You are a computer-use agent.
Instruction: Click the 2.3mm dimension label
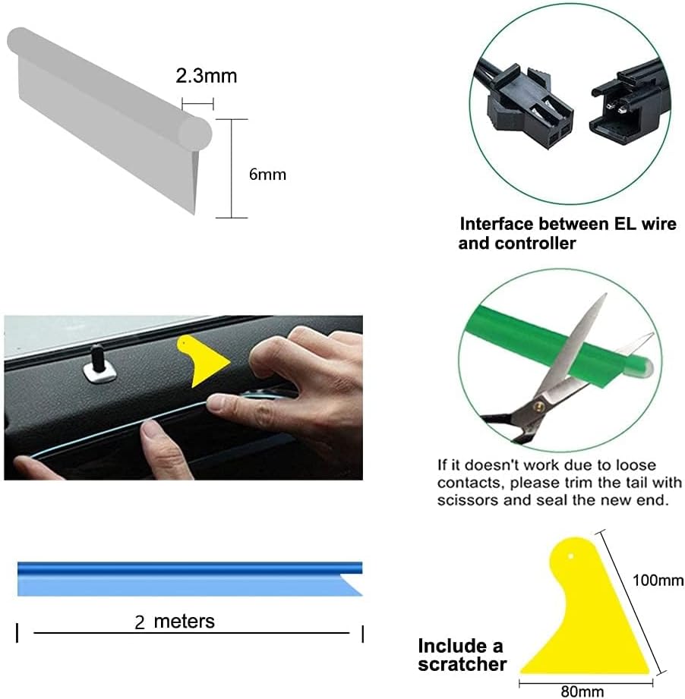pos(206,76)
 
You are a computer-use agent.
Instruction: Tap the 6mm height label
pos(267,175)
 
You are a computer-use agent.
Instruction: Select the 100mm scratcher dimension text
pos(658,580)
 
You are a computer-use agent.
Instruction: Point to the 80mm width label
pos(582,691)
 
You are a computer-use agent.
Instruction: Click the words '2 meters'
pos(175,622)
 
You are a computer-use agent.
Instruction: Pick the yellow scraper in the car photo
pos(202,361)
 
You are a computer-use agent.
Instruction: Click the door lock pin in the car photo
pos(99,363)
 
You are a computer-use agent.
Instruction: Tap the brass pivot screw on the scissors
pos(538,405)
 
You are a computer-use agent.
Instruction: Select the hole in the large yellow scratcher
pos(571,556)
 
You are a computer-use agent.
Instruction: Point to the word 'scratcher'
pos(462,664)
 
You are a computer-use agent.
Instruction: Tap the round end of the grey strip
pos(195,134)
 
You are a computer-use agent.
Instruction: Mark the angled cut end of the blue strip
pos(352,584)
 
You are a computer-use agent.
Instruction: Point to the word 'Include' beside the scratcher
pos(448,646)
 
